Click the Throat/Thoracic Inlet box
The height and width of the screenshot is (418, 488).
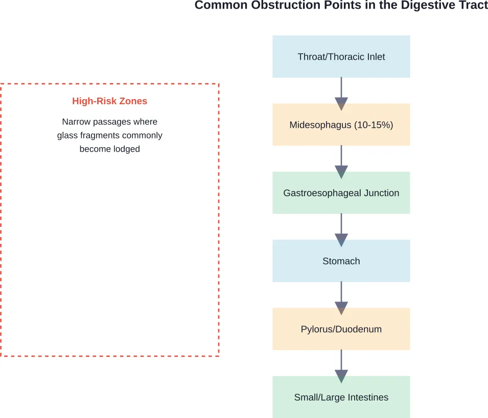tap(341, 56)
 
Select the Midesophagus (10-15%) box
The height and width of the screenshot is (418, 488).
tap(341, 125)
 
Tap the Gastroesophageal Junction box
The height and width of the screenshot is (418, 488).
tap(341, 193)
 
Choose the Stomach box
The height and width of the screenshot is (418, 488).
tap(341, 261)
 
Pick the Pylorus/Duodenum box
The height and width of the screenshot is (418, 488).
tap(341, 329)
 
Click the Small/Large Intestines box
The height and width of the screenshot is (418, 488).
tap(341, 397)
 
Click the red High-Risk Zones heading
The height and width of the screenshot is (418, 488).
tap(109, 101)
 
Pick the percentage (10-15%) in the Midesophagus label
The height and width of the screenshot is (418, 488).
tap(374, 125)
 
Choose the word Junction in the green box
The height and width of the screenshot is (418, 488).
tap(380, 193)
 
